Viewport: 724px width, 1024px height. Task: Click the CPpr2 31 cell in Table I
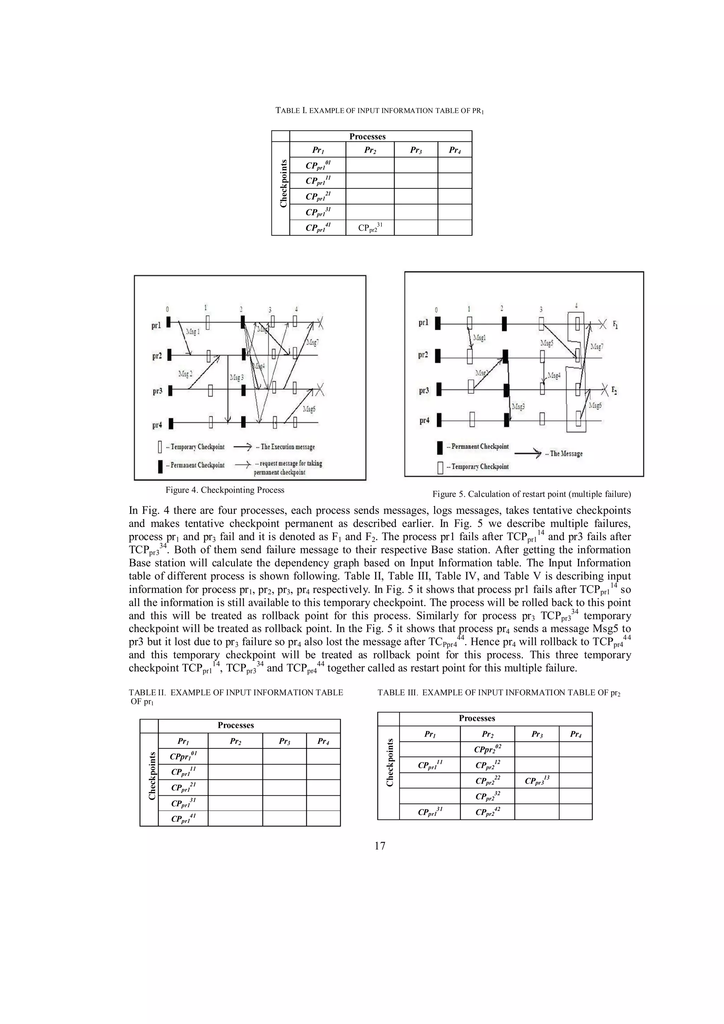[x=370, y=228]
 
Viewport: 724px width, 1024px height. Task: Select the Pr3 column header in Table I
[x=416, y=150]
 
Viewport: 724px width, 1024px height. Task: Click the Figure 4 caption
[x=225, y=490]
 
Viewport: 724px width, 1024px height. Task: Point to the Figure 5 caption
[x=531, y=494]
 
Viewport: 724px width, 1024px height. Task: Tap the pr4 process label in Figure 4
[x=157, y=425]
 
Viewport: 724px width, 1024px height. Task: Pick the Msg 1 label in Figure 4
[x=193, y=331]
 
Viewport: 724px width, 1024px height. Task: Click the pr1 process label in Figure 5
[x=424, y=323]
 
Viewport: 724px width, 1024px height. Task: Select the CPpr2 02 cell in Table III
[x=487, y=749]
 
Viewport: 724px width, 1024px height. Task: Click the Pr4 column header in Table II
[x=323, y=741]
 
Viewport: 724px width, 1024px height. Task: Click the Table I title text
[x=380, y=111]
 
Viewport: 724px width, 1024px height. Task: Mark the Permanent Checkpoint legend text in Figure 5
[x=480, y=446]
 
